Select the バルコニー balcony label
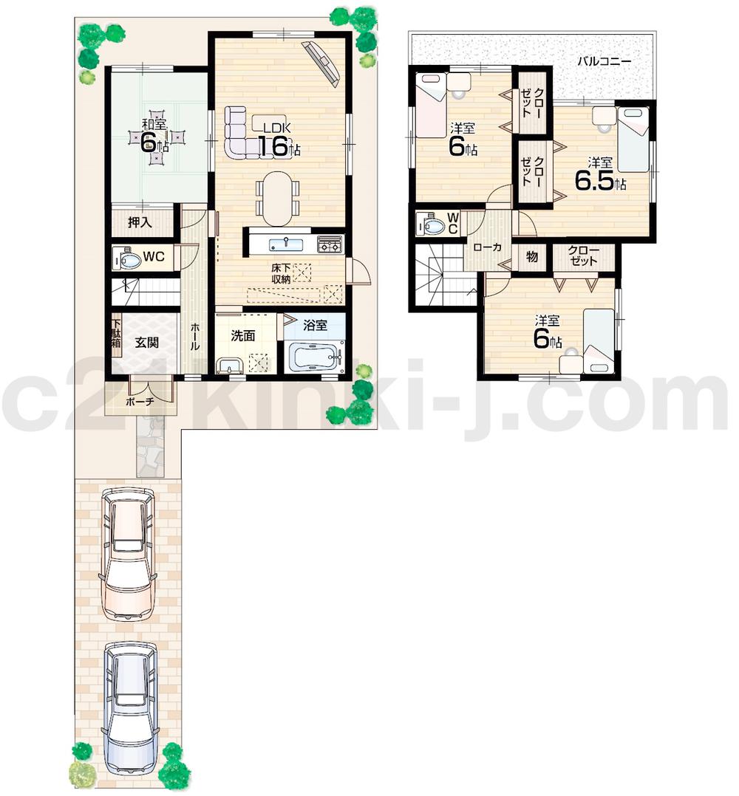point(604,61)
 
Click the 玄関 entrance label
point(148,343)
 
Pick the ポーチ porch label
point(139,403)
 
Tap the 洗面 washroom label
point(243,336)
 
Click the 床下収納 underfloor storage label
point(280,273)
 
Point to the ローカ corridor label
point(488,247)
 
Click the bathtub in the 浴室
point(316,357)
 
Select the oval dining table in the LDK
point(277,198)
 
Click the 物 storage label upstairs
point(531,257)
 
